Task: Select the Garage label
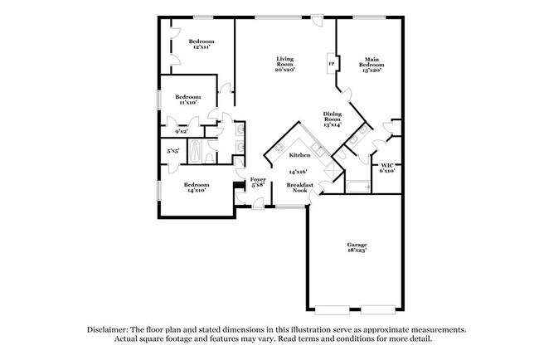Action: coord(357,245)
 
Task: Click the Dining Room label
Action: coord(333,116)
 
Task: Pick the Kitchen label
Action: coord(299,154)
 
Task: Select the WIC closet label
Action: coord(387,165)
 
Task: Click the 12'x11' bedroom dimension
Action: coord(202,47)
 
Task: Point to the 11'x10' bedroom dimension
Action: coord(186,103)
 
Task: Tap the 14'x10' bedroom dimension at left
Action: coord(197,190)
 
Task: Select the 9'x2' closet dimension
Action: coord(181,131)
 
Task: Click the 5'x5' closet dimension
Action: coord(173,151)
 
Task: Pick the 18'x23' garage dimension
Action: coord(357,251)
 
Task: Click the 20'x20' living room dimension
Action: coord(285,70)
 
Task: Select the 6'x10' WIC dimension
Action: coord(387,171)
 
